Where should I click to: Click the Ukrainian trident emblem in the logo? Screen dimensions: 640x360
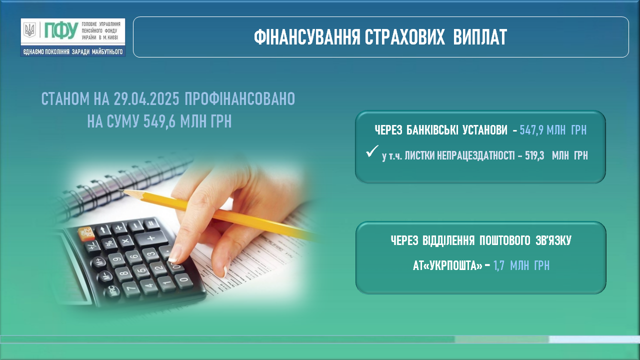point(29,30)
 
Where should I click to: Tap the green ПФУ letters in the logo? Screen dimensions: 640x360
point(61,30)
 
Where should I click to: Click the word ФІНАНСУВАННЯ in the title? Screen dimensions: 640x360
point(307,37)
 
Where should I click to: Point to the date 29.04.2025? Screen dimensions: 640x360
point(146,99)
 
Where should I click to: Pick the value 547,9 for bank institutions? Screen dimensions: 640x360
point(531,130)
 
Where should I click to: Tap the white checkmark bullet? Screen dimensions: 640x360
point(372,151)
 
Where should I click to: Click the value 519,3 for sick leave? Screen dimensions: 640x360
point(534,155)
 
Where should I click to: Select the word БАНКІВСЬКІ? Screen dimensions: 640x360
point(432,130)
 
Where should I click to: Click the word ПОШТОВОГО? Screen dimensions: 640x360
point(505,240)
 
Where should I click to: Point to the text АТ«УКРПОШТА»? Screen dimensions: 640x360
point(447,265)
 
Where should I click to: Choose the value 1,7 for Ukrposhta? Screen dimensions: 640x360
point(498,265)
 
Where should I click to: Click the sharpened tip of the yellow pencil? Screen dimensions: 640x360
point(120,190)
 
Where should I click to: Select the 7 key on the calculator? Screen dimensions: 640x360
point(131,287)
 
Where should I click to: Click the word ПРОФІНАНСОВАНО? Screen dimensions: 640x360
point(239,99)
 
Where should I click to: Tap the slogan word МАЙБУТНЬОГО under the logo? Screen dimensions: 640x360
point(107,51)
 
